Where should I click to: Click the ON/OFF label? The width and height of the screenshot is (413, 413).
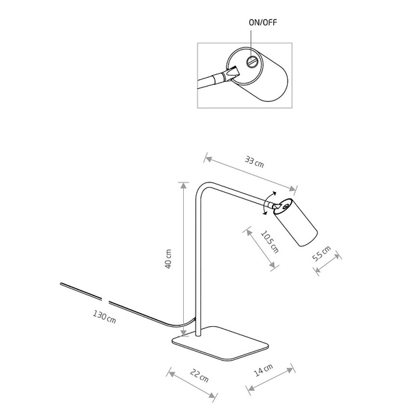click(263, 23)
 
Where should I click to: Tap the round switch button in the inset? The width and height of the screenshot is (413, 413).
click(251, 63)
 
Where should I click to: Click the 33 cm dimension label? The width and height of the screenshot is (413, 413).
click(254, 162)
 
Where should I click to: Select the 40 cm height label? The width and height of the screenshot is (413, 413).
click(168, 259)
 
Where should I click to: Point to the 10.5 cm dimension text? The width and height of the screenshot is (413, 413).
click(270, 242)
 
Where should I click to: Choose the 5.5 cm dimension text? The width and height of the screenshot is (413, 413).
click(321, 253)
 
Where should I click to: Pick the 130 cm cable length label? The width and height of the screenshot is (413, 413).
click(105, 317)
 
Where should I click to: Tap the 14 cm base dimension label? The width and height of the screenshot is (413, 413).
click(263, 370)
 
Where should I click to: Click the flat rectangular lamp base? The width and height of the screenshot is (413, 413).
click(220, 343)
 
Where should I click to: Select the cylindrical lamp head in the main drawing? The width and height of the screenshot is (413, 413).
click(295, 222)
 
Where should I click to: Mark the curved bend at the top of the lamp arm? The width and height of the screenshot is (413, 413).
click(203, 189)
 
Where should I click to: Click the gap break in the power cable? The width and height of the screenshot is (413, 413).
click(105, 301)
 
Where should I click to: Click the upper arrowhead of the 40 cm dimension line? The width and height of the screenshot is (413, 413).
click(184, 185)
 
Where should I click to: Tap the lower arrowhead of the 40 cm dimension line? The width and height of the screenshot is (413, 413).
click(184, 332)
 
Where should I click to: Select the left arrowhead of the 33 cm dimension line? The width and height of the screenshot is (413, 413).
click(208, 159)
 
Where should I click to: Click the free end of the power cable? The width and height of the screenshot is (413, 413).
click(61, 284)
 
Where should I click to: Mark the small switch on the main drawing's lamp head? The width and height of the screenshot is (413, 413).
click(285, 206)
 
